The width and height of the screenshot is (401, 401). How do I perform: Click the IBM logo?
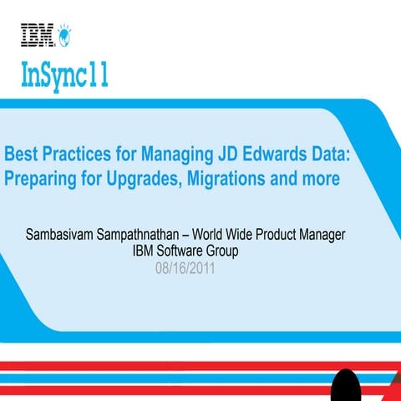click(x=38, y=34)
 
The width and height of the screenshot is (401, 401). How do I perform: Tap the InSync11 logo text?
click(x=64, y=78)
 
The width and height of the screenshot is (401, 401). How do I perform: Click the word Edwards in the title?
click(x=277, y=155)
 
